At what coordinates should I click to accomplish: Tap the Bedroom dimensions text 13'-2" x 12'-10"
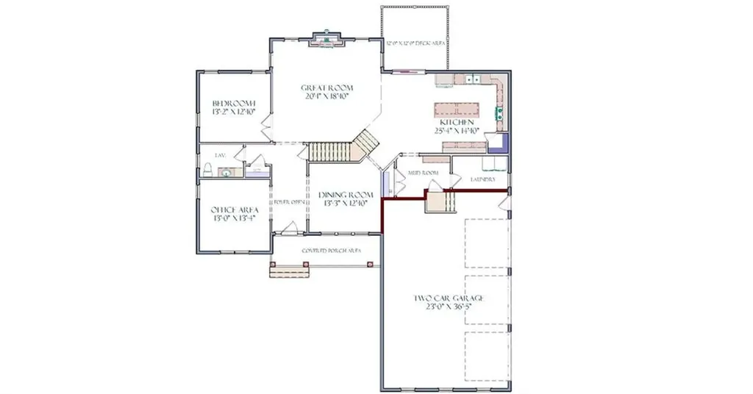click(233, 112)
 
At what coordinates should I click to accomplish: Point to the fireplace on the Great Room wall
click(324, 39)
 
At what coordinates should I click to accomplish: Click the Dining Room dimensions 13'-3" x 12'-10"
click(346, 204)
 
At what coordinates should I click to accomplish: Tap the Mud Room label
click(423, 173)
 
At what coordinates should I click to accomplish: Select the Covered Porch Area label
click(332, 251)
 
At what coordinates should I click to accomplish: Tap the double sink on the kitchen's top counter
click(471, 78)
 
